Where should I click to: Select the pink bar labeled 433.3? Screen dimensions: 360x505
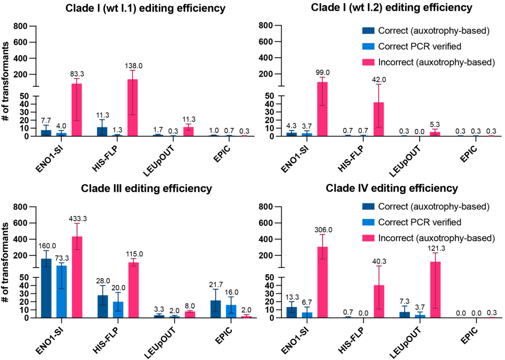pyautogui.click(x=77, y=276)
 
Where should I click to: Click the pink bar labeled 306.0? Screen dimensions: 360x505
pyautogui.click(x=322, y=281)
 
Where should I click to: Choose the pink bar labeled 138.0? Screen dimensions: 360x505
pyautogui.click(x=133, y=107)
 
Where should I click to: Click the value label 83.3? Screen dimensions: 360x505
pyautogui.click(x=77, y=74)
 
